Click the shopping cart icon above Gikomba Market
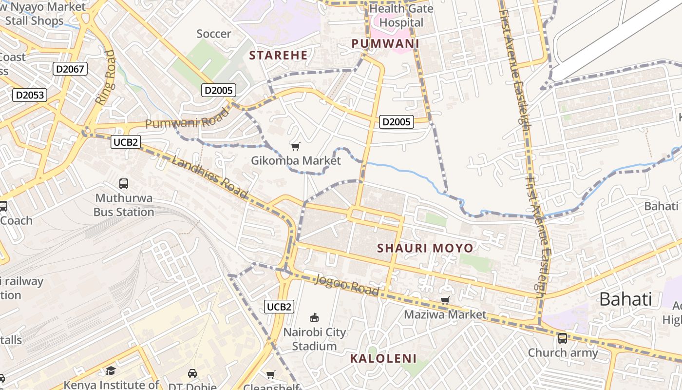(x=295, y=146)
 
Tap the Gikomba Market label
(x=296, y=160)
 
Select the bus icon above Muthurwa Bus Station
(x=124, y=184)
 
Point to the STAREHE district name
(x=279, y=55)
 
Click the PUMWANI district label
(x=385, y=43)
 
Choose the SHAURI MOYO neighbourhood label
(x=425, y=248)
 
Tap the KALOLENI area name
(x=383, y=359)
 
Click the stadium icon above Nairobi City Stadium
(x=314, y=318)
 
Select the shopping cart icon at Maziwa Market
(x=445, y=300)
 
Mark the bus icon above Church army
(x=562, y=338)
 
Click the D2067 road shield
(x=70, y=69)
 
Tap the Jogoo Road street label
(x=347, y=285)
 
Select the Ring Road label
(x=106, y=77)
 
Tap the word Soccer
(x=213, y=34)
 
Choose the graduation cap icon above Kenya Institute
(x=111, y=370)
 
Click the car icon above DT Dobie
(x=192, y=373)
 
